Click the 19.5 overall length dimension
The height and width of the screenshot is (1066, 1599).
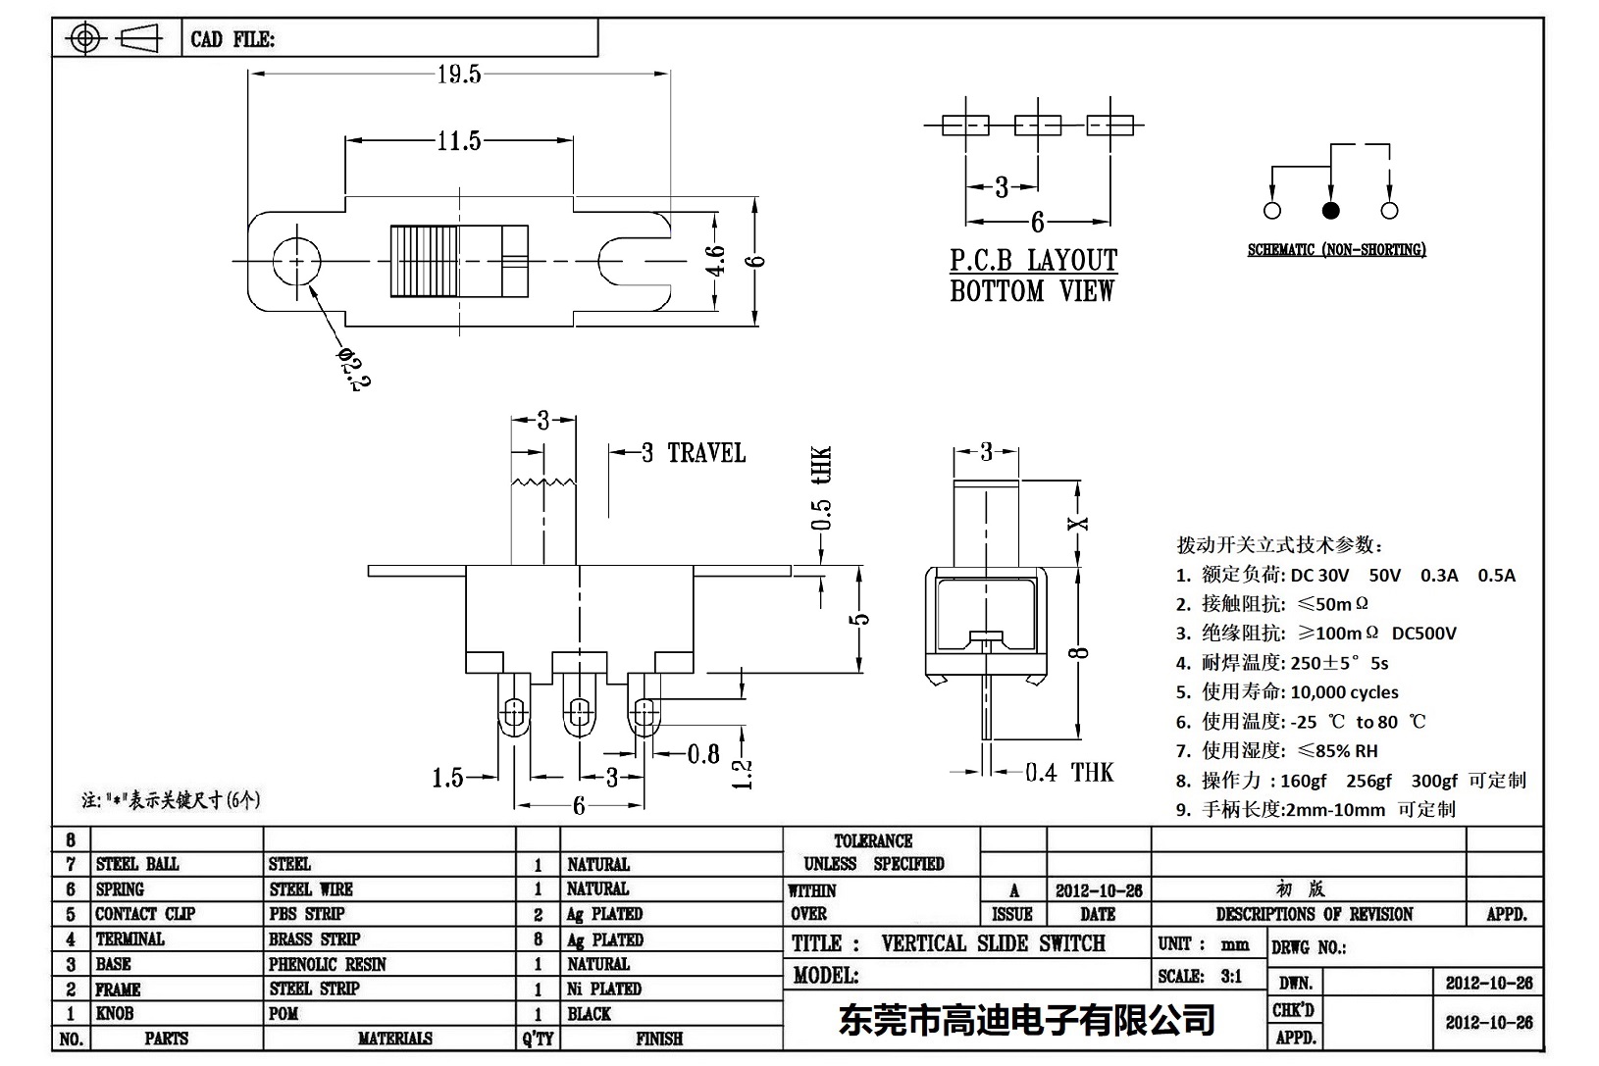point(458,75)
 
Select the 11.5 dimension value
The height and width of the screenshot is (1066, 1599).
point(458,141)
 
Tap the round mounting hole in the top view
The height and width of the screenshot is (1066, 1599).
point(295,260)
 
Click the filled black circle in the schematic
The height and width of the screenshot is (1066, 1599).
point(1331,210)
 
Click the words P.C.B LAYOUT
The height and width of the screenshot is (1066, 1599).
point(1033,261)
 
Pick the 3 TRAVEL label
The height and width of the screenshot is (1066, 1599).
point(694,453)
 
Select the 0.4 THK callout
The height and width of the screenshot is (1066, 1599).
point(1069,773)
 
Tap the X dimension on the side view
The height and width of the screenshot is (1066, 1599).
point(1078,523)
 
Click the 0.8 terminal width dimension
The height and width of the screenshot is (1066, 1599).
point(703,753)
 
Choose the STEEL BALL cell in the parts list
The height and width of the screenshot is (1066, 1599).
point(137,864)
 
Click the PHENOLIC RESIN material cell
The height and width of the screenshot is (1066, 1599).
point(328,964)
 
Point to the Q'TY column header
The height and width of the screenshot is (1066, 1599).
point(538,1039)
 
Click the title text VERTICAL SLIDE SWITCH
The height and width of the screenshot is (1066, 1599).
point(993,943)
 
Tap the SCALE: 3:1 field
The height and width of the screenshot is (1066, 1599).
point(1199,976)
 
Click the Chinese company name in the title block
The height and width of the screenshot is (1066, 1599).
point(1026,1021)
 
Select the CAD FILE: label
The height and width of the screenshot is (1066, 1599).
point(232,39)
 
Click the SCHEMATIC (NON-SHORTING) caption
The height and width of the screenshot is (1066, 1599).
point(1336,250)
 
